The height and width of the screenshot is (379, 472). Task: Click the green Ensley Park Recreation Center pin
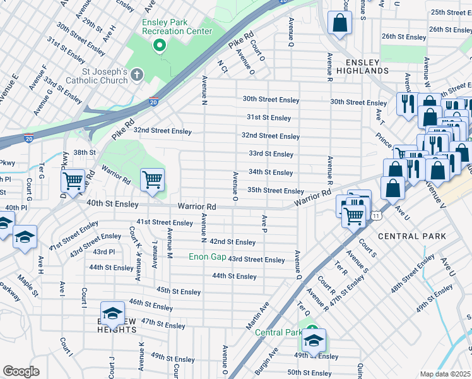[x=160, y=45]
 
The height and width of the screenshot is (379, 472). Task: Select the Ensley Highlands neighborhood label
[x=362, y=66]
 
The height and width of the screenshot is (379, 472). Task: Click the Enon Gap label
[x=208, y=257]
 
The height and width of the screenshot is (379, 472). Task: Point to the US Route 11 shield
[x=376, y=215]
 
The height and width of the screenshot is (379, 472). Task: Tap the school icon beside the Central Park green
[x=314, y=342]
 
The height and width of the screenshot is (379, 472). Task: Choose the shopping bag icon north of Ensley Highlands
[x=339, y=23]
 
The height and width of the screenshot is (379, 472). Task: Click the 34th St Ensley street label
[x=271, y=172]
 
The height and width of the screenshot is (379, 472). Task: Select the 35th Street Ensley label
[x=275, y=191]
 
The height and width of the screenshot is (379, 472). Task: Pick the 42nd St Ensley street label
[x=232, y=242]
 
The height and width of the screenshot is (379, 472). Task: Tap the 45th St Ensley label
[x=179, y=291]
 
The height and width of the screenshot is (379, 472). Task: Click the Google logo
[x=21, y=371]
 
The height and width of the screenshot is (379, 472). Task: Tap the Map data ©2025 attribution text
[x=444, y=374]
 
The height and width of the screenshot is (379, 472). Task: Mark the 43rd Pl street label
[x=103, y=251]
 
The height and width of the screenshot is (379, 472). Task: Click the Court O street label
[x=257, y=55]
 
